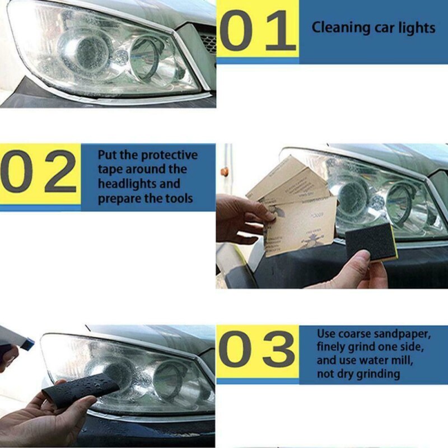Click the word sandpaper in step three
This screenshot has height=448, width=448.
pos(403,334)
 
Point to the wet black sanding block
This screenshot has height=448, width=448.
pos(81,390)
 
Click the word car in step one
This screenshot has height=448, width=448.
pos(381,27)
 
